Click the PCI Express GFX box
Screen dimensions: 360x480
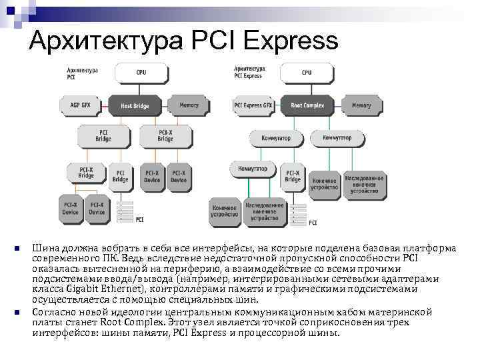point(253,105)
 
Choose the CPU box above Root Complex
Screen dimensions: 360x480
point(307,71)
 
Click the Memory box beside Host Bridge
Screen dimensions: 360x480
point(189,105)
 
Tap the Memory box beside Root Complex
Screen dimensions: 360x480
point(361,105)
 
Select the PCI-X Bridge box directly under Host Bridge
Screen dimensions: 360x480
point(165,136)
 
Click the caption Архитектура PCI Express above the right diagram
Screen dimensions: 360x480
point(249,72)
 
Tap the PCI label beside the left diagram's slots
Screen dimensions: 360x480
point(139,219)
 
